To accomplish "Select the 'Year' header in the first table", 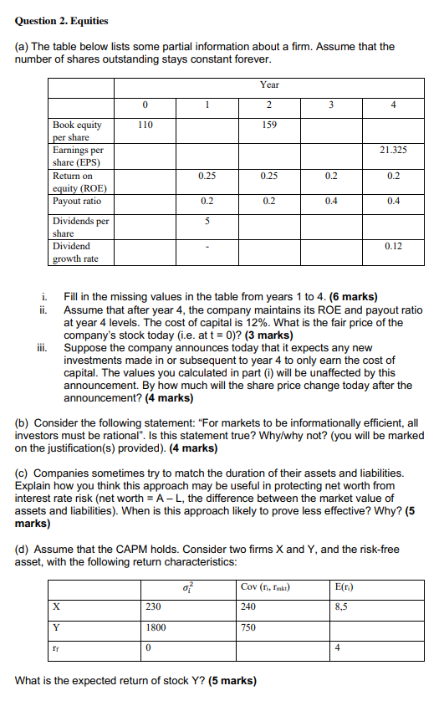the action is pos(269,84).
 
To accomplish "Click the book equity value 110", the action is pos(145,125).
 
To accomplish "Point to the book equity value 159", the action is pos(269,125).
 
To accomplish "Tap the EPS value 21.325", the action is pos(393,150).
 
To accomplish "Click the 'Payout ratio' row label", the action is pos(77,202).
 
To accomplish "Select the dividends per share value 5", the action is pos(207,222).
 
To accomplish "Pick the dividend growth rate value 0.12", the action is pos(393,247).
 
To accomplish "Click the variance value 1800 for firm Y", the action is pos(155,627).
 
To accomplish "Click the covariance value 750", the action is pos(249,627).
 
